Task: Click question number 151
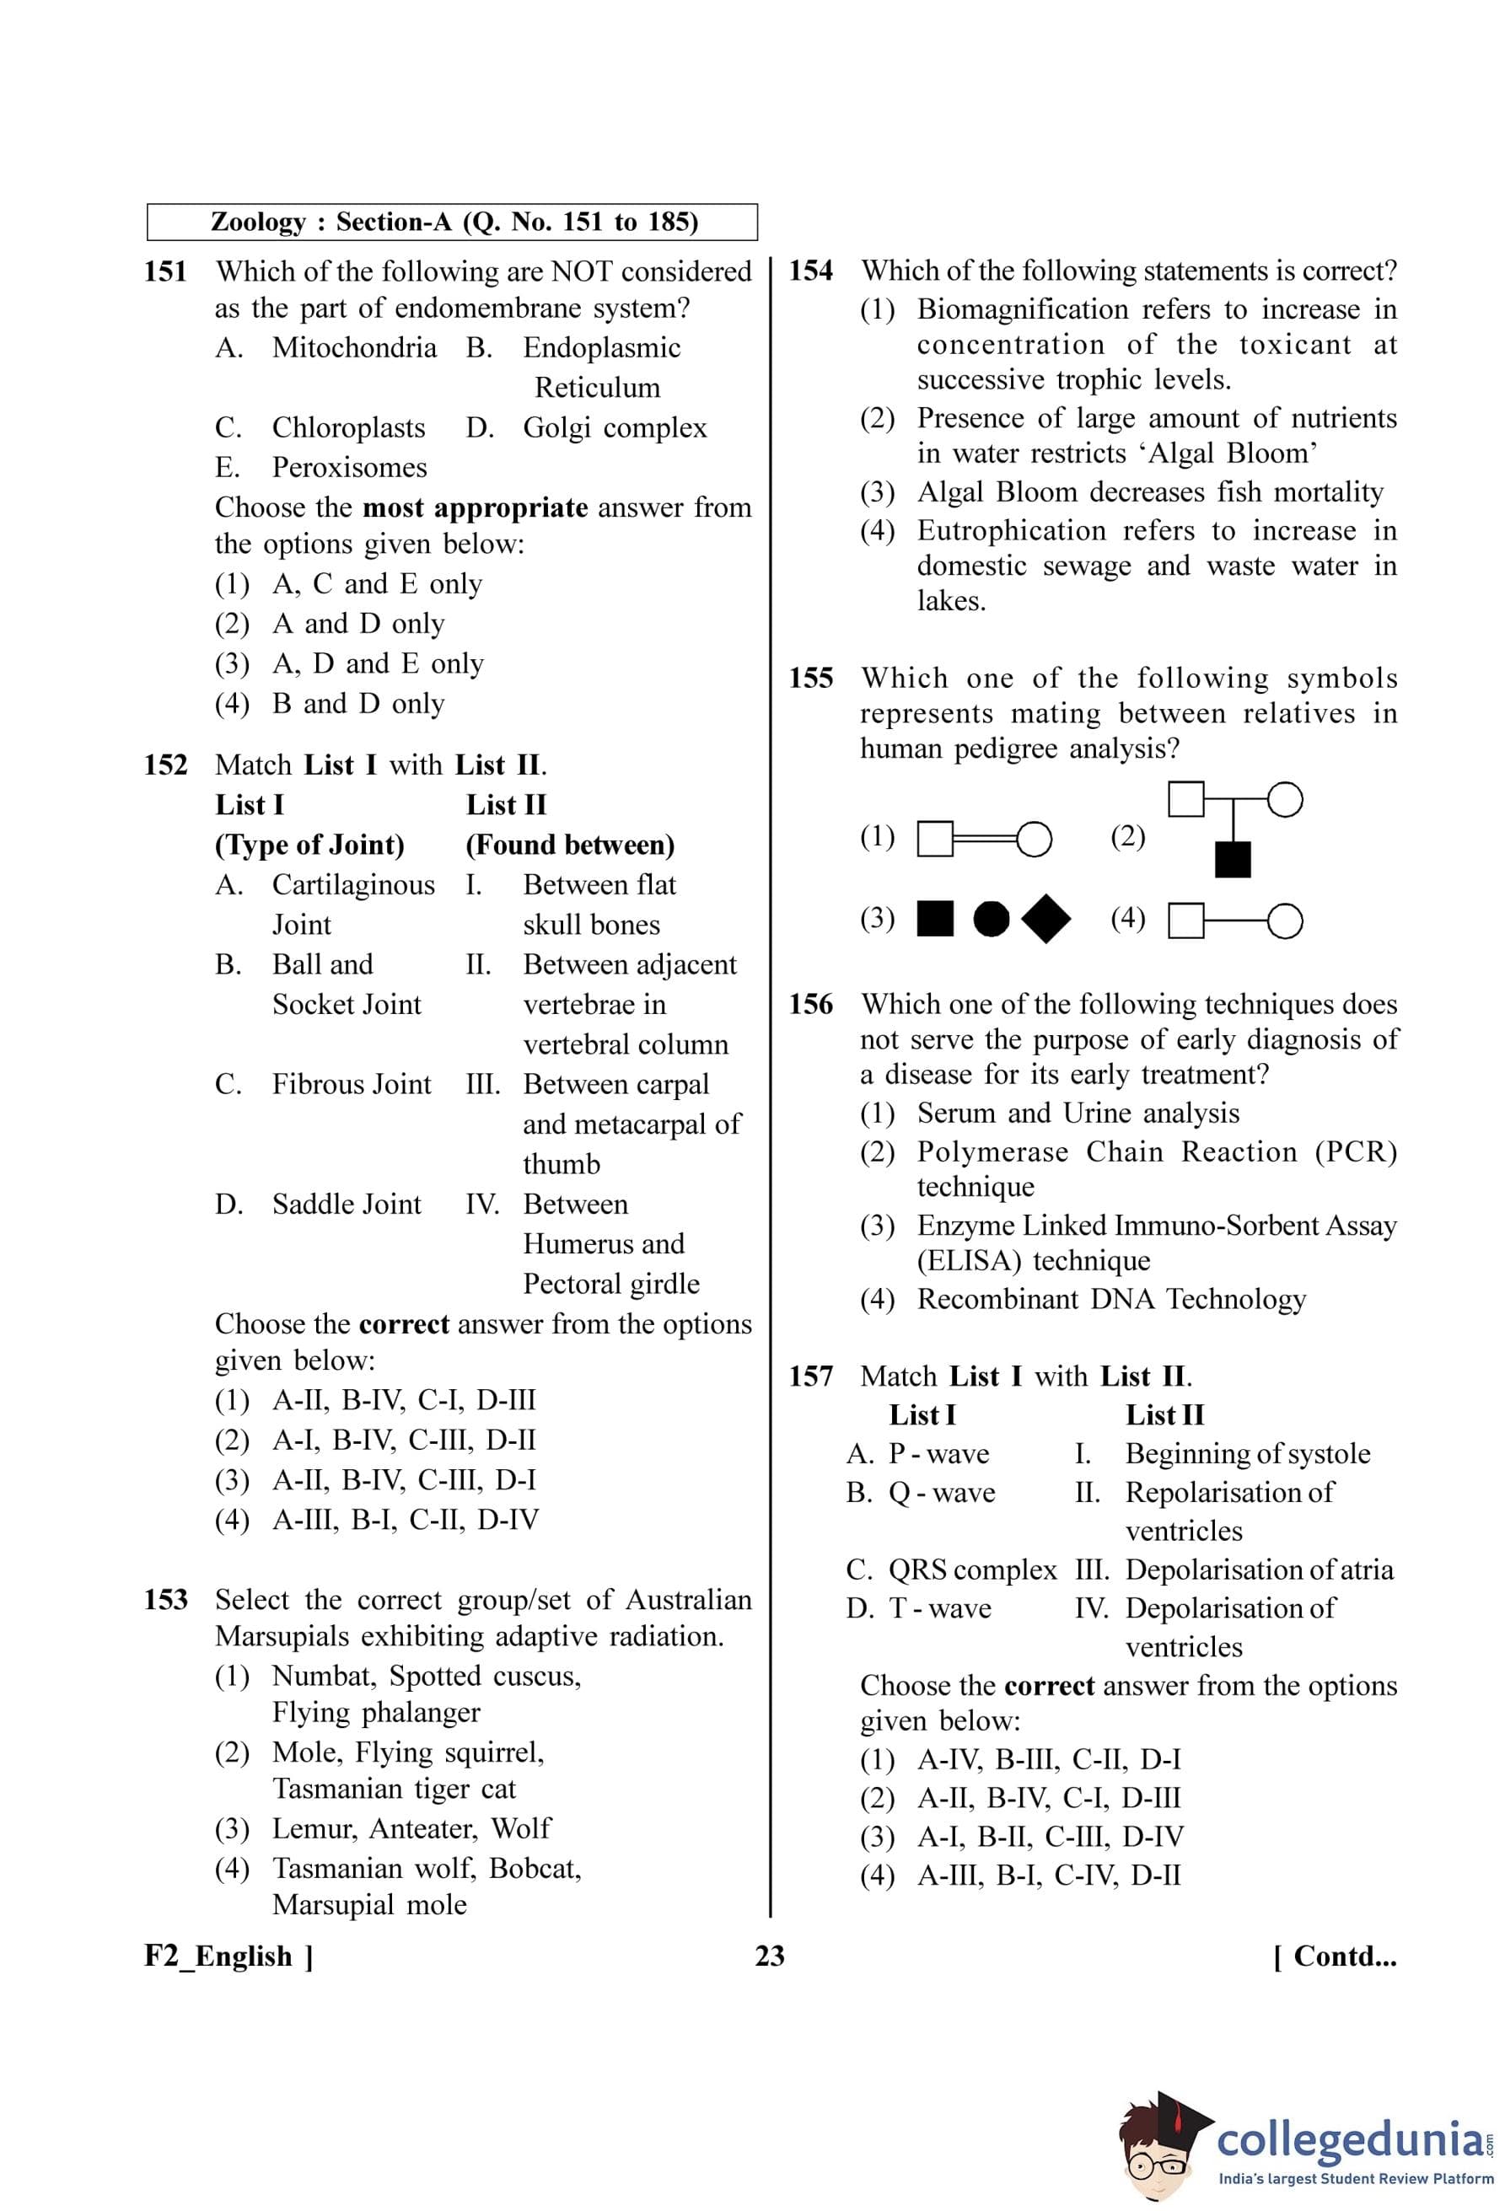coord(165,272)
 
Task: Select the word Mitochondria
coord(354,348)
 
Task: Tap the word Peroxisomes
coord(349,468)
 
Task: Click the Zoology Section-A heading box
coord(452,223)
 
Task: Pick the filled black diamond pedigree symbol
coord(1045,919)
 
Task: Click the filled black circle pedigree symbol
coord(992,919)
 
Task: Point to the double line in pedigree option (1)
coord(986,839)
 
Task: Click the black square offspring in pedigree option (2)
coord(1233,860)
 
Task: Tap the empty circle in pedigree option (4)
coord(1285,921)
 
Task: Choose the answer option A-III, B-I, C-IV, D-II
coord(1048,1876)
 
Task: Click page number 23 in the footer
coord(770,1956)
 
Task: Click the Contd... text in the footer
coord(1335,1956)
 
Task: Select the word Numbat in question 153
coord(325,1676)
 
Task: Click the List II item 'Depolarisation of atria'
coord(1259,1570)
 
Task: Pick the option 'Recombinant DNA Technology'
coord(1111,1300)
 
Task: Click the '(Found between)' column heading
coord(570,845)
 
